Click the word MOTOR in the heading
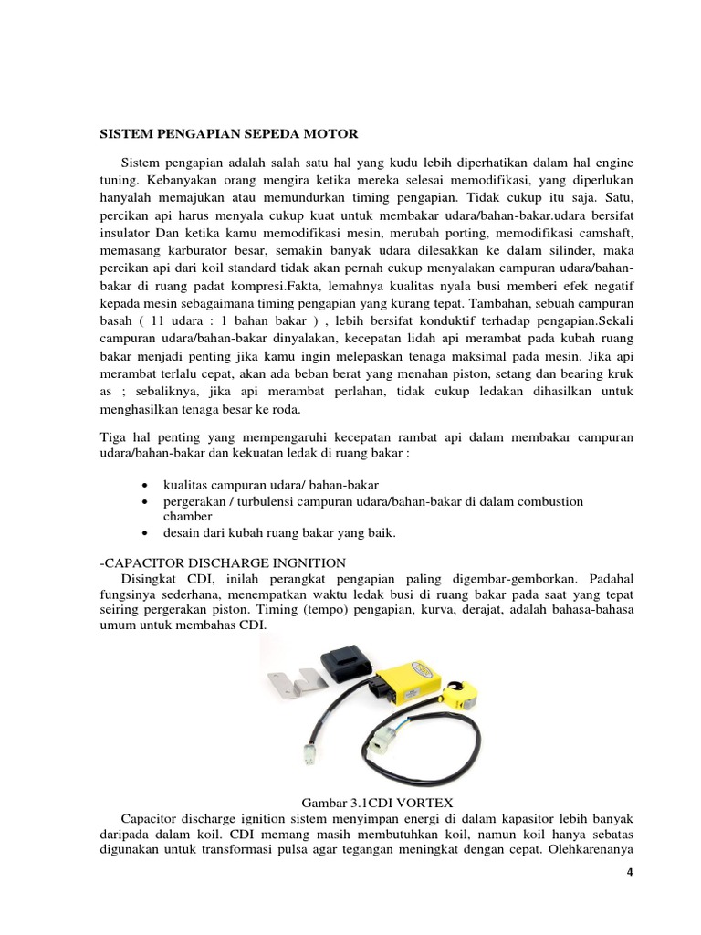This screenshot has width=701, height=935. point(330,133)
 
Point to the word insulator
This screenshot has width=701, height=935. point(126,233)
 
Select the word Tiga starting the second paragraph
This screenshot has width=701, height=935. point(114,438)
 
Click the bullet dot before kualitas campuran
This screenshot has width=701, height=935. point(147,485)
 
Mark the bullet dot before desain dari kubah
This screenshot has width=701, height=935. point(147,534)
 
